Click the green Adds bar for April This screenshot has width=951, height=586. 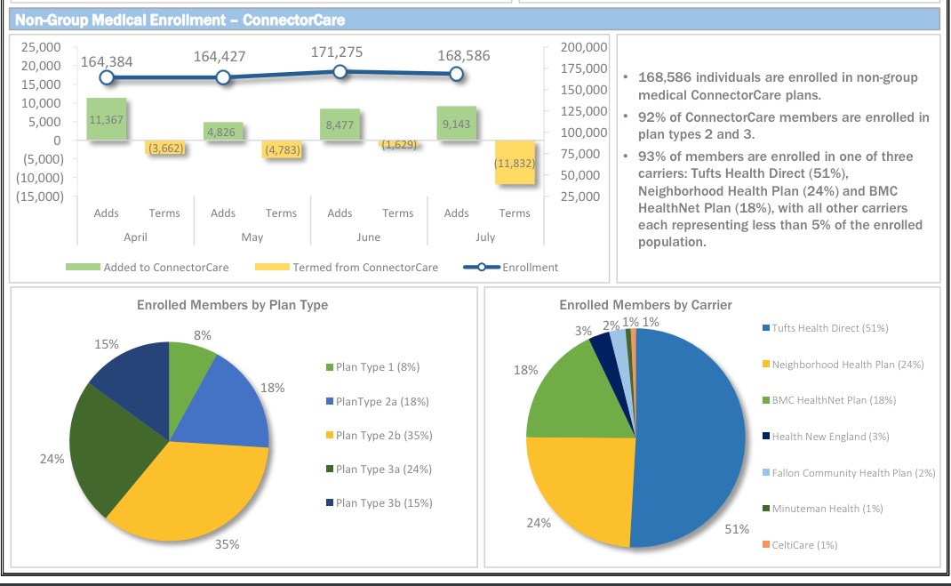pos(106,119)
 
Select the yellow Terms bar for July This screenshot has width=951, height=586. pos(515,162)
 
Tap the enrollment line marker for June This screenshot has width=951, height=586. pos(340,72)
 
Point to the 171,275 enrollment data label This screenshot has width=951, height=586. pos(337,52)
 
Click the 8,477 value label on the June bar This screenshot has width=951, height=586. pos(340,125)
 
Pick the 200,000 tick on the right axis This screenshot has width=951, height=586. pos(584,47)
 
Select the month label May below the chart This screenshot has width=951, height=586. pos(252,237)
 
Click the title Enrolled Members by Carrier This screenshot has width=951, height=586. pos(645,305)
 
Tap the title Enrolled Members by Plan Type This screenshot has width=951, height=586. pos(232,305)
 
